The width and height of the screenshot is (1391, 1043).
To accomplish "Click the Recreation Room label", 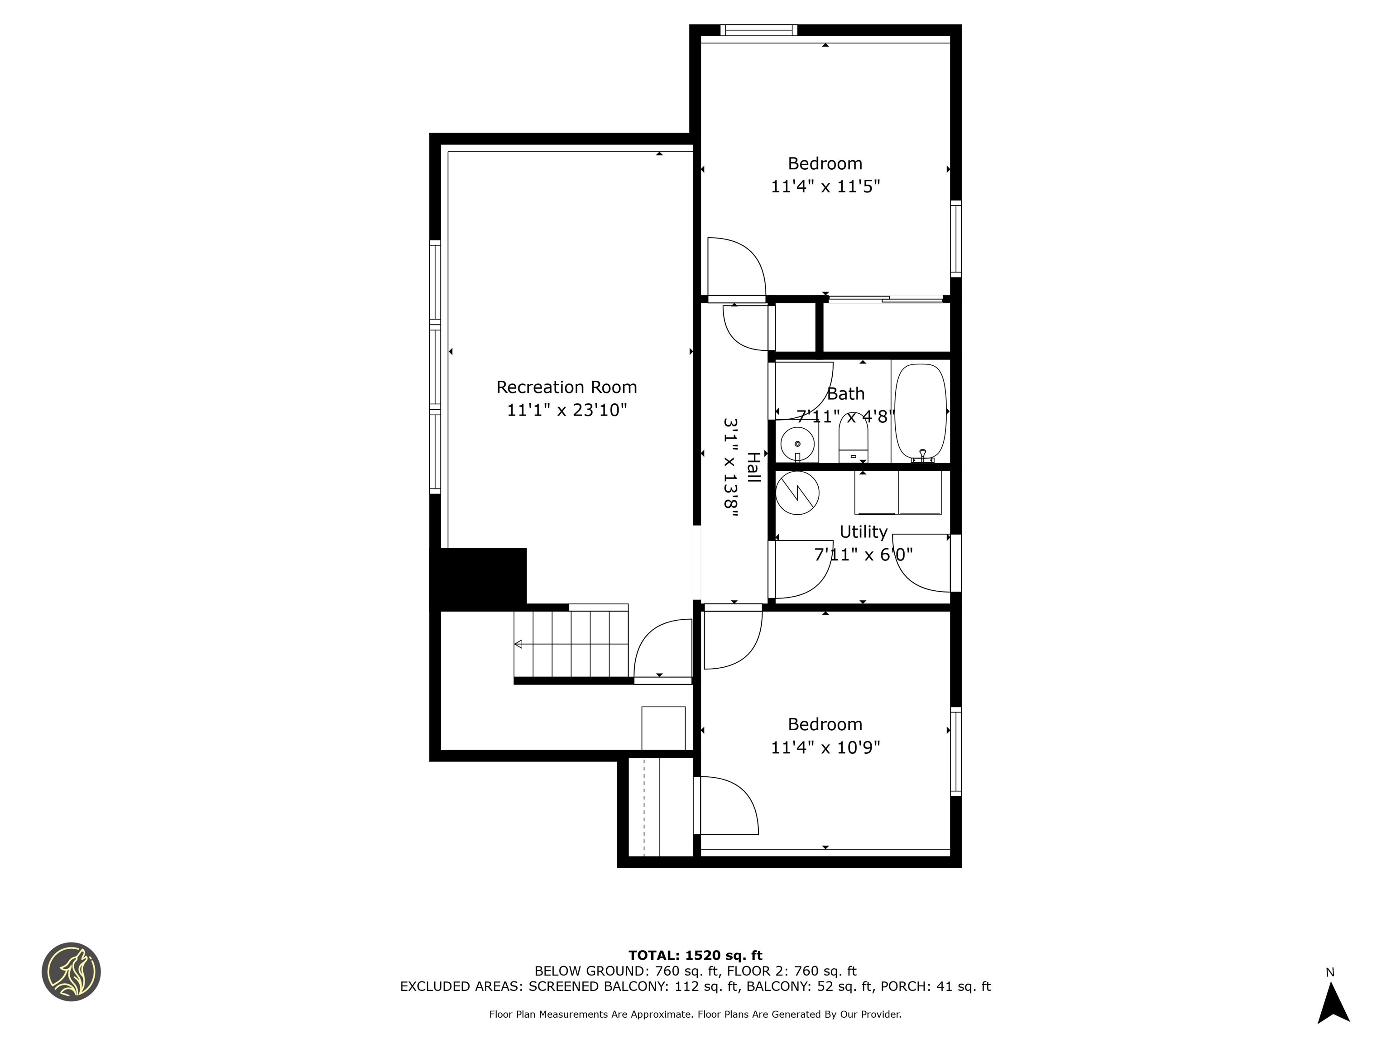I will (566, 387).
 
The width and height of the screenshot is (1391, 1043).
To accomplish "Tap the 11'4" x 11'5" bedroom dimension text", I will (825, 187).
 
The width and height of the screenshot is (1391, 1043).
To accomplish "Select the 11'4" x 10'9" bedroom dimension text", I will (825, 747).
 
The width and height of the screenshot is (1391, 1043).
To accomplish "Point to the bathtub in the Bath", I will (920, 412).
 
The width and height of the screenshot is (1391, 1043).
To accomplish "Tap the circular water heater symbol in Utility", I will (797, 493).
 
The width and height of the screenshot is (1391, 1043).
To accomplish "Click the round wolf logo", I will (71, 971).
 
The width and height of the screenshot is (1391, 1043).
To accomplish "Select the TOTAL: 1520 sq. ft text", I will (695, 956).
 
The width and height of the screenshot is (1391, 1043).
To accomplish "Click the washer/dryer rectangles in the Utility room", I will (898, 492).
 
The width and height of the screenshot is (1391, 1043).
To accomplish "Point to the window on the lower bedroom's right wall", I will (955, 751).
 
